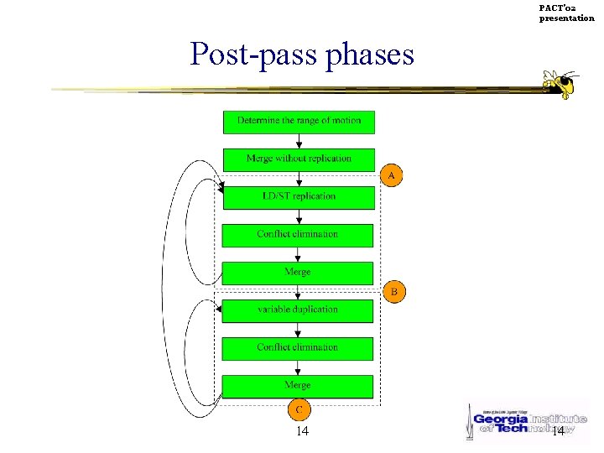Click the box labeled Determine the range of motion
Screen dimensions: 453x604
coord(299,122)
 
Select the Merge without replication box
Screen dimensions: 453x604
coord(299,159)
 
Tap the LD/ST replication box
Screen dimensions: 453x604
coord(298,197)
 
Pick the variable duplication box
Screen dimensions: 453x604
coord(298,310)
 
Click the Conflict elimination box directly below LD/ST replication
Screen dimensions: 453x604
coord(298,235)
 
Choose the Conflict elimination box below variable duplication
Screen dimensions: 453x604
coord(298,348)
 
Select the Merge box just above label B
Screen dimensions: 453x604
coord(298,273)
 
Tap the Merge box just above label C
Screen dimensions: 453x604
coord(298,386)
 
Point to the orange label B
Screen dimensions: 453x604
coord(394,292)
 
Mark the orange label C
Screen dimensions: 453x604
coord(299,410)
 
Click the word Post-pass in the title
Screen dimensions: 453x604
coord(248,55)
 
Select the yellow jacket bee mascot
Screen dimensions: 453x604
coord(560,84)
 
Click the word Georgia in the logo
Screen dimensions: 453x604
coord(502,418)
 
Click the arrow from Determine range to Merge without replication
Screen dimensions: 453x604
coord(299,141)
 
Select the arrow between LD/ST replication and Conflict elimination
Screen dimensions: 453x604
coord(299,216)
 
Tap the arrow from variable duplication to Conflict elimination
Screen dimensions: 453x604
coord(299,330)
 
